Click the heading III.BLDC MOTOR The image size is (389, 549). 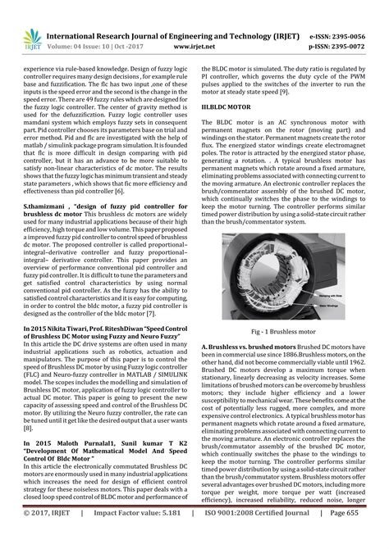[231, 107]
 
